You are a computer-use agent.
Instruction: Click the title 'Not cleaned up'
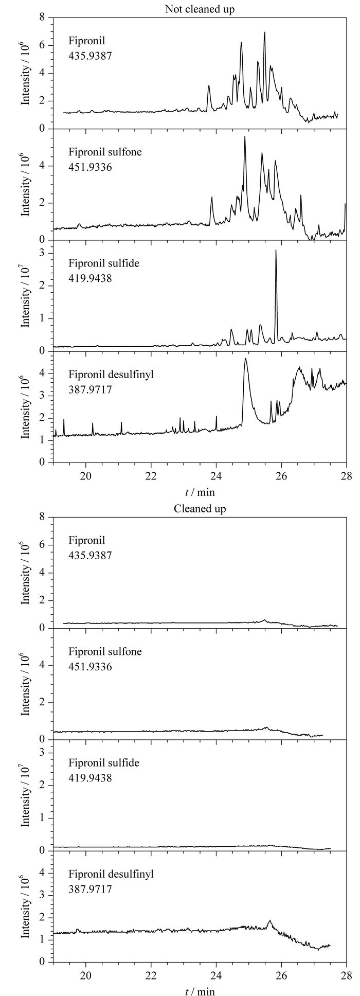coord(200,9)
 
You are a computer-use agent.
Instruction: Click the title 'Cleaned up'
coord(200,509)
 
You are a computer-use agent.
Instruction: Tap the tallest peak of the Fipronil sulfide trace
coord(276,251)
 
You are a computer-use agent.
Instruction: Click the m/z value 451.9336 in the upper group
coord(90,167)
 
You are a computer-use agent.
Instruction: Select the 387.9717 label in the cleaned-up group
coord(90,888)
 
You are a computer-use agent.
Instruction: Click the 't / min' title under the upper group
coord(200,492)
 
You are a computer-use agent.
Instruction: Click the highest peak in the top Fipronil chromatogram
coord(264,33)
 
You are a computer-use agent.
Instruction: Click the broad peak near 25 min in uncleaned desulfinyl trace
coord(246,359)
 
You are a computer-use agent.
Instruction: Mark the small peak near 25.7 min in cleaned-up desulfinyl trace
coord(270,921)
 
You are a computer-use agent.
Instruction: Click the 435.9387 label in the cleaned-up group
coord(90,556)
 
